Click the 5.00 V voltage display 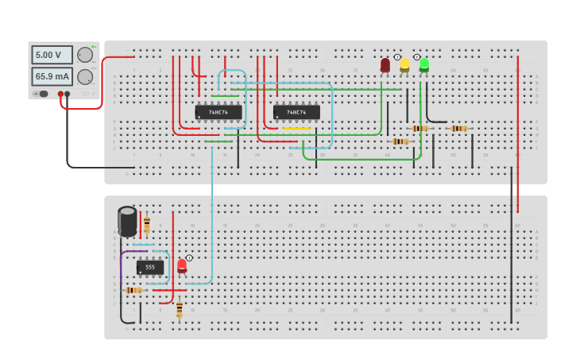click(x=52, y=55)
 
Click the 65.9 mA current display click(x=52, y=76)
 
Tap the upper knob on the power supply click(x=84, y=55)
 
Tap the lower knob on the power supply click(x=84, y=76)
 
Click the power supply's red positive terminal click(x=60, y=94)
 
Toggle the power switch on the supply click(x=41, y=94)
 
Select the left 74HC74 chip click(x=218, y=112)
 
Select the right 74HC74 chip click(x=296, y=112)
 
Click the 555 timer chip click(x=150, y=267)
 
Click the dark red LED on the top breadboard click(x=385, y=64)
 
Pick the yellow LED click(x=404, y=64)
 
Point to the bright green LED click(x=424, y=64)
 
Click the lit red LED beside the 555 click(x=182, y=265)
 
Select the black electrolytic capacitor click(x=127, y=221)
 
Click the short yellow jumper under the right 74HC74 click(x=296, y=129)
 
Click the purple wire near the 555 click(x=122, y=262)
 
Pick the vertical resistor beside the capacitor click(x=147, y=224)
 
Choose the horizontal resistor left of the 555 click(x=133, y=290)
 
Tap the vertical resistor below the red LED click(x=180, y=308)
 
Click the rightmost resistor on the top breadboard click(x=459, y=128)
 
